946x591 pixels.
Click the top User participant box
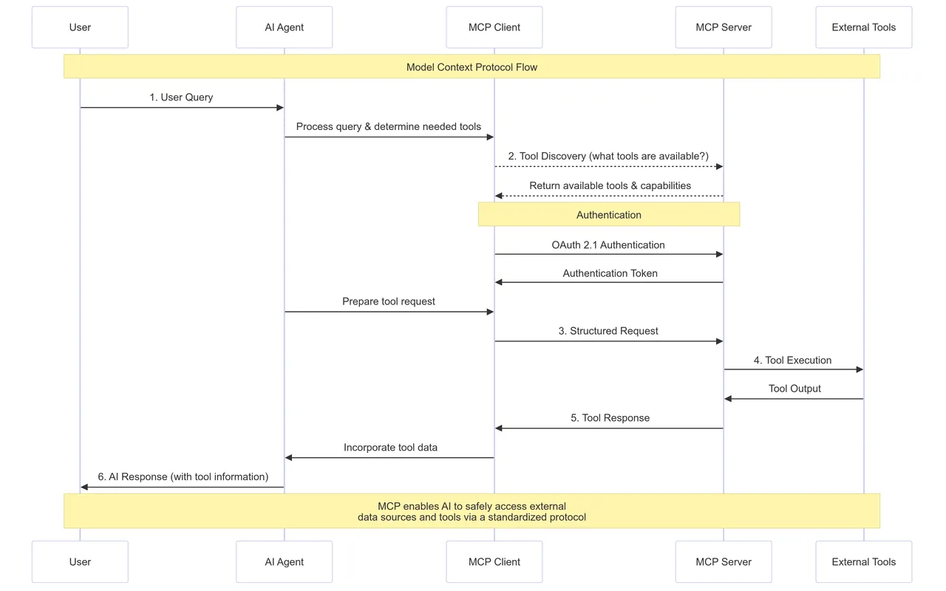point(80,27)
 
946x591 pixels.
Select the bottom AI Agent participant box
point(285,561)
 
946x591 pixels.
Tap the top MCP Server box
point(724,27)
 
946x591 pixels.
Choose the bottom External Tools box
point(864,561)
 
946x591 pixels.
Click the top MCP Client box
point(494,27)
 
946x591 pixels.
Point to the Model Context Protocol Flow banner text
point(472,67)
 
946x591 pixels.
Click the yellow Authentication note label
point(608,215)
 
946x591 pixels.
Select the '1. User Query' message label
point(181,97)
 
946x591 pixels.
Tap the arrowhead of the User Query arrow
point(280,108)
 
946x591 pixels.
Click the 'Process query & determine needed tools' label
point(389,126)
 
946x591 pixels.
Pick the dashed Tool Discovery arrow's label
point(608,156)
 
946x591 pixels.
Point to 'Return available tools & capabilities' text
point(610,185)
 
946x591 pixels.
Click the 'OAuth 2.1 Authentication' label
point(608,245)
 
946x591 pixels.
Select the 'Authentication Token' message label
point(610,273)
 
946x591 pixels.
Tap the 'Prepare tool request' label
point(389,301)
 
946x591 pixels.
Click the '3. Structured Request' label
point(608,331)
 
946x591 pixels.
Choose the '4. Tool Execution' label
point(793,360)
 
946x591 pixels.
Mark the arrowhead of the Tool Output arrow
point(728,398)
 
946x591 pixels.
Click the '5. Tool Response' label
point(610,418)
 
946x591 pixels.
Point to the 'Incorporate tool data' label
point(391,448)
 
